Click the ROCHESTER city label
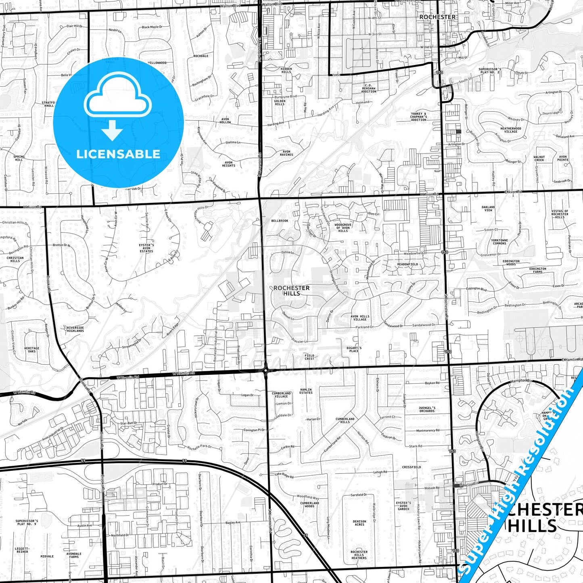[x=437, y=17]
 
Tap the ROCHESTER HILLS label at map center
[x=291, y=290]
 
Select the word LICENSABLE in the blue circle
[x=118, y=154]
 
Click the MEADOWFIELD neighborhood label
[x=407, y=264]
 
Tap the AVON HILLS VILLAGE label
[x=360, y=318]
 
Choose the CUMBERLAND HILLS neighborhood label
[x=345, y=420]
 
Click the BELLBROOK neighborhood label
[x=280, y=221]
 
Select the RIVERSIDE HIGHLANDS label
[x=75, y=329]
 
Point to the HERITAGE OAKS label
[x=31, y=350]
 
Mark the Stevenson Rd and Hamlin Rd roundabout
[x=265, y=369]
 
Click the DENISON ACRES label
[x=359, y=523]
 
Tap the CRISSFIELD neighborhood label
[x=411, y=467]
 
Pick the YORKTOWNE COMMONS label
[x=499, y=242]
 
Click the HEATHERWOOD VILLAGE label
[x=510, y=130]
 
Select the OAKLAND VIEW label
[x=488, y=209]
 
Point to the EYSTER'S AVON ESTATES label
[x=146, y=248]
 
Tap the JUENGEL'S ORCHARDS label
[x=426, y=410]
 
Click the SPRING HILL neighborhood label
[x=19, y=158]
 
